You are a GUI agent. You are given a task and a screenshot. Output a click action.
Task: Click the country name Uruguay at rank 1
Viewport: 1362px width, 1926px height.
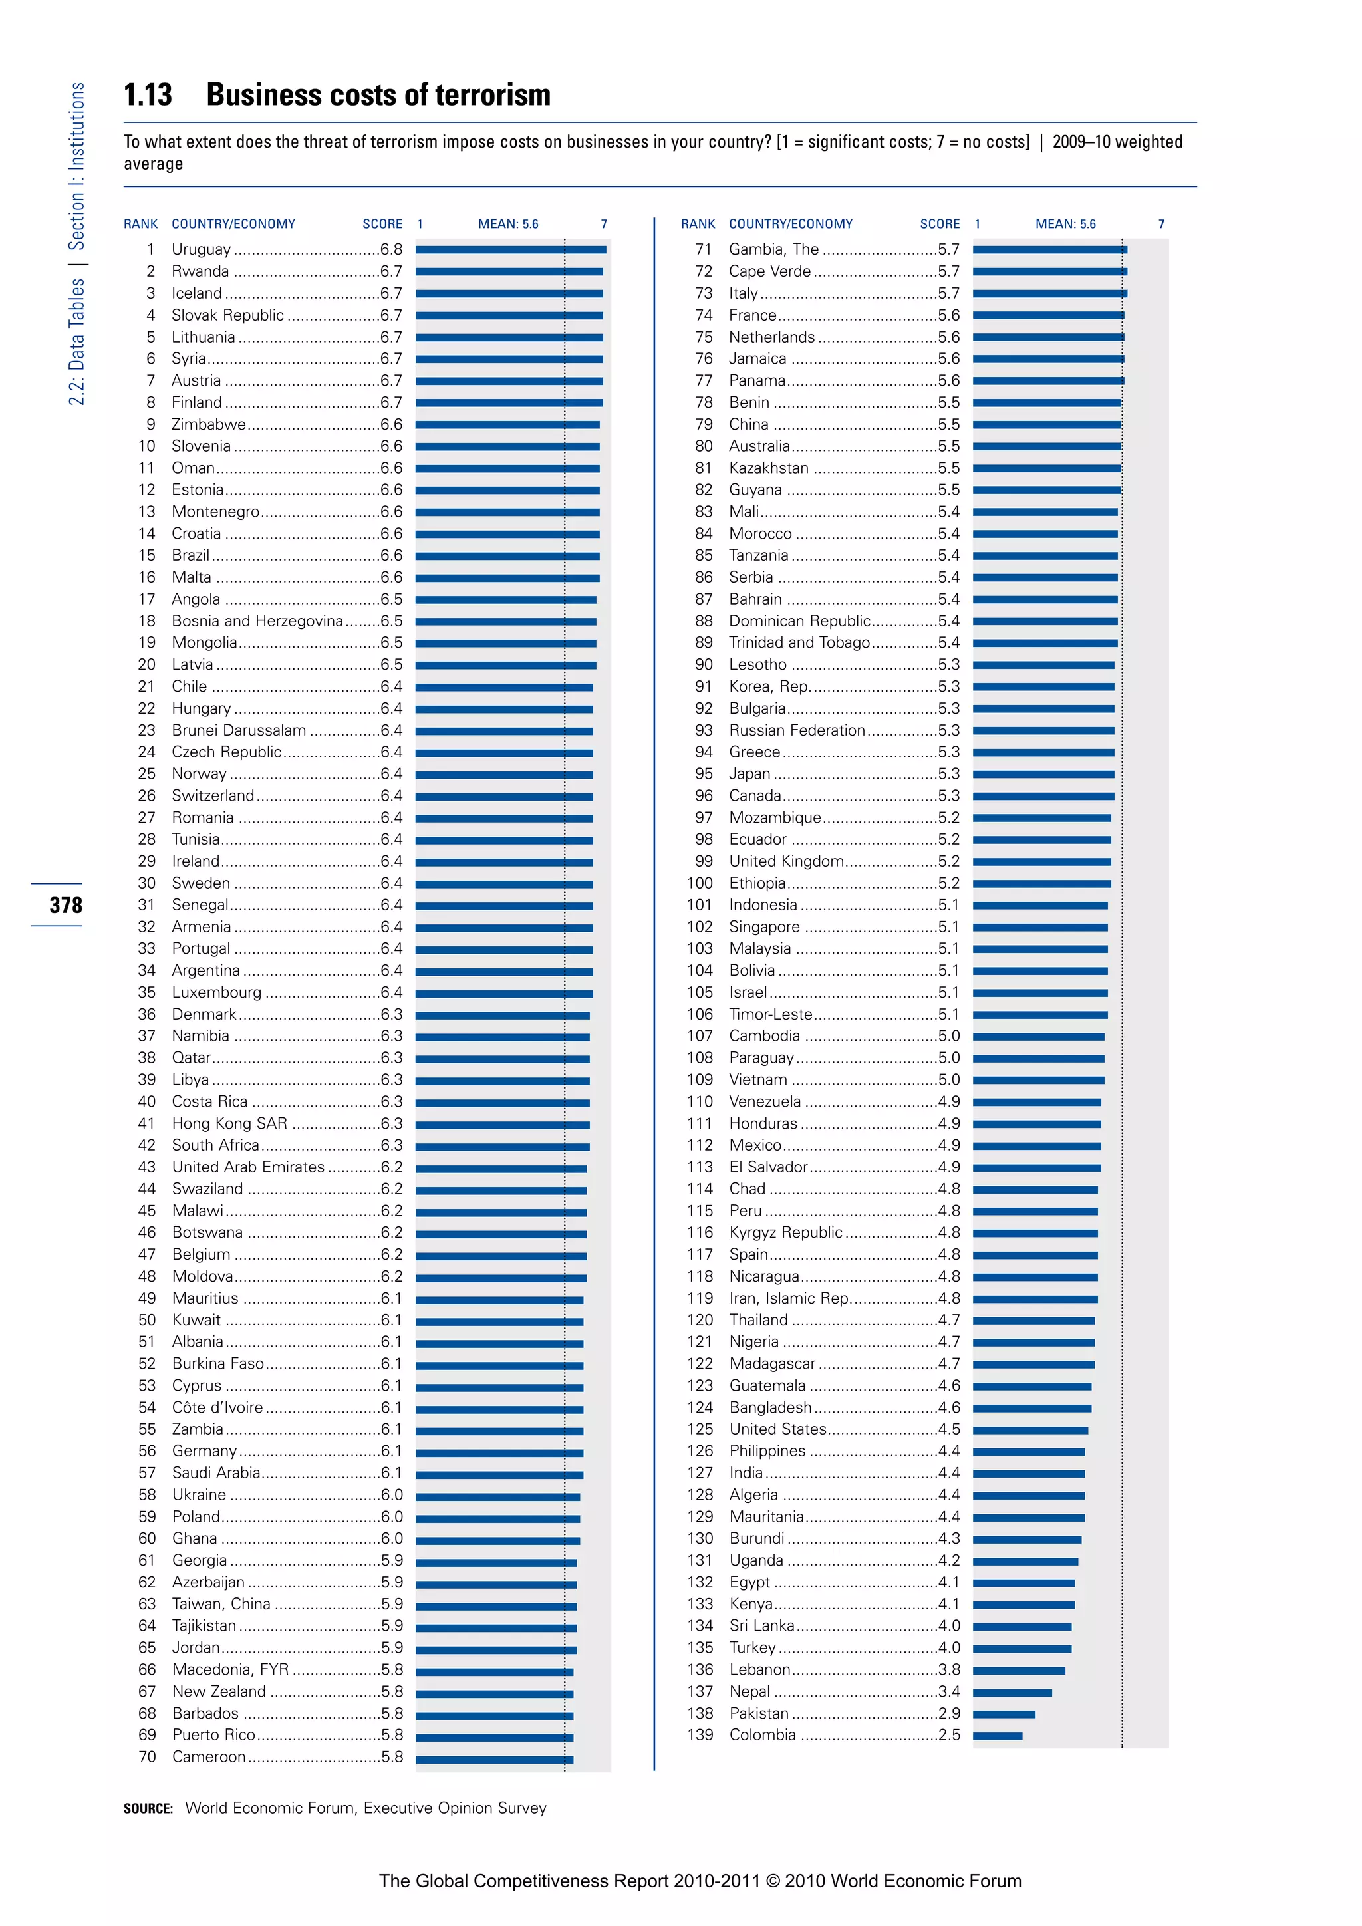[x=202, y=249]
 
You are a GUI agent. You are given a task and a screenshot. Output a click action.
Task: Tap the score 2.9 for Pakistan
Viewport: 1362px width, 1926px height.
[x=950, y=1713]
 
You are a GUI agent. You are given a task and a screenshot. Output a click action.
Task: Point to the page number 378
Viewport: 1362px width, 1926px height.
[x=65, y=905]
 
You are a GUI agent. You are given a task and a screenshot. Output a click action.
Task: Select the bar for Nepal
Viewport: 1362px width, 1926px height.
[x=1012, y=1692]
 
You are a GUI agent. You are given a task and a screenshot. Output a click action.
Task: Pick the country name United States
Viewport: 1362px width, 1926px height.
[x=777, y=1429]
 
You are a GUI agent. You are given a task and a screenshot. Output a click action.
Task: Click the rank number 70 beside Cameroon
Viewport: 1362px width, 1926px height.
[x=147, y=1756]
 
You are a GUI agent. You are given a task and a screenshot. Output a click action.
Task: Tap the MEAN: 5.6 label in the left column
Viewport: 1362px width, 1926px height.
[x=508, y=224]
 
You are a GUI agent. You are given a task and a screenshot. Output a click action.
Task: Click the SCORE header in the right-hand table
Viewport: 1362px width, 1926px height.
[x=939, y=224]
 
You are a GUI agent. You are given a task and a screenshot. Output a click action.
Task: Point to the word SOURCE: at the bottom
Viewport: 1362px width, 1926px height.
[x=148, y=1808]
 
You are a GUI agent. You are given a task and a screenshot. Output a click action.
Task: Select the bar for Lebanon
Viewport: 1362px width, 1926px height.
[x=1018, y=1670]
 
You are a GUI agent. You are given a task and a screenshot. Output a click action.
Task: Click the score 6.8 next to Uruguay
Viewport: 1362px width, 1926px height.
[x=391, y=249]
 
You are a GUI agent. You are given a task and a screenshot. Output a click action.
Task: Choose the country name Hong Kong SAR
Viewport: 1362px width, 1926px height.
[x=230, y=1123]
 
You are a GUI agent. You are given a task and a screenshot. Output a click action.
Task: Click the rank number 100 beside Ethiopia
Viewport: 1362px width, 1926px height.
[x=700, y=883]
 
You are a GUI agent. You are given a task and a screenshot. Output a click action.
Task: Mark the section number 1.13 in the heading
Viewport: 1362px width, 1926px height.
[x=148, y=95]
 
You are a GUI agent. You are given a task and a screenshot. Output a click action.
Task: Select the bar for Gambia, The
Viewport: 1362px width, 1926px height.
[x=1049, y=249]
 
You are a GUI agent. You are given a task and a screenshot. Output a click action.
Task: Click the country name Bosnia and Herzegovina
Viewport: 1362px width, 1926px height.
[x=257, y=620]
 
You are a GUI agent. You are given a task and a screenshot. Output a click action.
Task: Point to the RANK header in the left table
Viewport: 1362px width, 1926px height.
[x=140, y=224]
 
